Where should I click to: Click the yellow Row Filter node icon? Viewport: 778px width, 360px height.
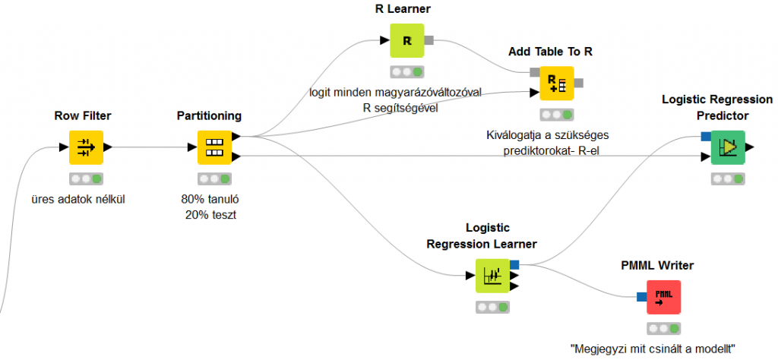pos(86,147)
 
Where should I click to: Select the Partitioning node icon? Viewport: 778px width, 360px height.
pos(214,147)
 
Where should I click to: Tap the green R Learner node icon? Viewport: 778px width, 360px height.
pos(406,40)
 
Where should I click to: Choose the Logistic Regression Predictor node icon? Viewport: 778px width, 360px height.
pos(728,147)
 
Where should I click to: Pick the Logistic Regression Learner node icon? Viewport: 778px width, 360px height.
pos(492,275)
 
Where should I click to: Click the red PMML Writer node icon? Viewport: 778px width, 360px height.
pos(663,297)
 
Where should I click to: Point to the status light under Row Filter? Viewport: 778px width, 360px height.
pos(86,179)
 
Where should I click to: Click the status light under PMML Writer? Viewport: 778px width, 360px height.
pos(663,329)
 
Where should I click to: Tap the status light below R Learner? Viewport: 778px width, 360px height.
pos(406,72)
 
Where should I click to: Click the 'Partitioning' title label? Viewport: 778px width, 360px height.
pos(209,115)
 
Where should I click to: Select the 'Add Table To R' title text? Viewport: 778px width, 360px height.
pos(550,52)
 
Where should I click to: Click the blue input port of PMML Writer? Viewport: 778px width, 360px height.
pos(640,298)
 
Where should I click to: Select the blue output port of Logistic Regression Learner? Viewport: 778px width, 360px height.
pos(514,264)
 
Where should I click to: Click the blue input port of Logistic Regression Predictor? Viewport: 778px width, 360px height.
pos(705,137)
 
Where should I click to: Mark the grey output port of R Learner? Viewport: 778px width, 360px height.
pos(429,39)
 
